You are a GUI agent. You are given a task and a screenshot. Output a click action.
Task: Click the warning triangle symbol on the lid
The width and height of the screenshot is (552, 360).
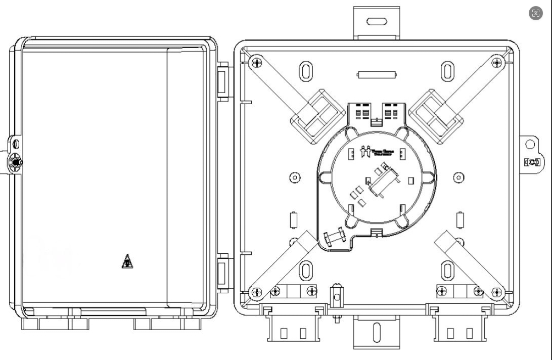[x=127, y=261]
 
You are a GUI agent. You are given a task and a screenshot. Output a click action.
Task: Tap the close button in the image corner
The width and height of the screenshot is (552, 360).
[x=536, y=14]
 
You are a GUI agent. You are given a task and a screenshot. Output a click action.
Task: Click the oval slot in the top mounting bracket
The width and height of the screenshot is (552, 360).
[x=376, y=22]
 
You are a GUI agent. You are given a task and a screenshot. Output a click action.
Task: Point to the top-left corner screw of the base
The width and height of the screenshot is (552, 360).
[x=257, y=63]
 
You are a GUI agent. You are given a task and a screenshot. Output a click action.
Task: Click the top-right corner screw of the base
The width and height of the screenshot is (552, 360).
[x=497, y=63]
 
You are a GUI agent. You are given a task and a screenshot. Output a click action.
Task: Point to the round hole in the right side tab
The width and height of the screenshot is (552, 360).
[x=530, y=145]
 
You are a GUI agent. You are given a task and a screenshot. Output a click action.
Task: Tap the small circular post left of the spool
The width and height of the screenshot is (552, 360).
[x=295, y=177]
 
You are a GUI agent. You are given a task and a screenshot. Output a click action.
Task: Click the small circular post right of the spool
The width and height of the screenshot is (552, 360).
[x=458, y=177]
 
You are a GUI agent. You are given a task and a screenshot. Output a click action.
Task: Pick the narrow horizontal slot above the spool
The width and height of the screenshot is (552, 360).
[x=376, y=75]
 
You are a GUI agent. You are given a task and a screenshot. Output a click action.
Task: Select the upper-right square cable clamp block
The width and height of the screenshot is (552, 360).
[x=436, y=115]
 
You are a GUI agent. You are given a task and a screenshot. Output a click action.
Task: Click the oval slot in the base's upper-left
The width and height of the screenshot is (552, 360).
[x=305, y=71]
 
